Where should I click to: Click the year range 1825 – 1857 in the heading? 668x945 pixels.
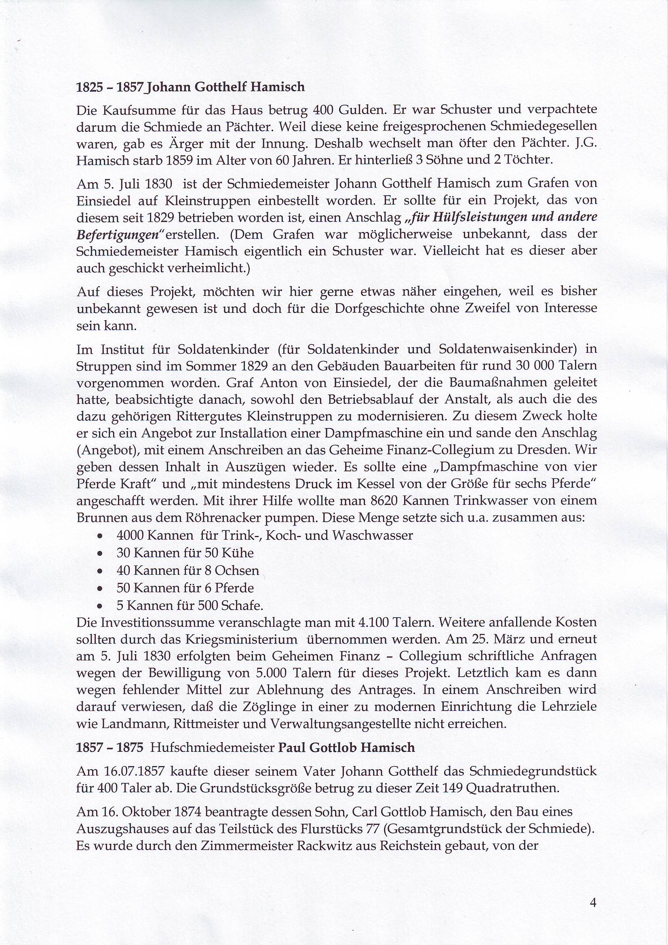pyautogui.click(x=110, y=87)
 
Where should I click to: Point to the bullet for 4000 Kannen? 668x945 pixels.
pyautogui.click(x=99, y=537)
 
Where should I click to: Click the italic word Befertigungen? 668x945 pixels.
pyautogui.click(x=117, y=234)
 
